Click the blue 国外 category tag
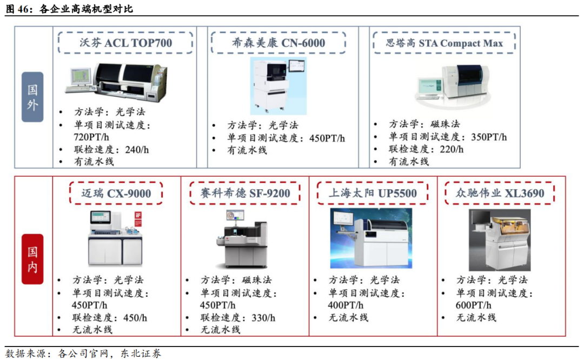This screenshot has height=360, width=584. point(32,97)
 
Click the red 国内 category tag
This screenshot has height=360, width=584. point(32,259)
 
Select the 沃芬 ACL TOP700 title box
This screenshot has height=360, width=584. point(125,43)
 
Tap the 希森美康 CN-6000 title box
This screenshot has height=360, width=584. point(278,43)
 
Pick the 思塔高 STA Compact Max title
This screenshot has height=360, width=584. point(444,43)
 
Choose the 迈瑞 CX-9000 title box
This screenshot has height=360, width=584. point(116,193)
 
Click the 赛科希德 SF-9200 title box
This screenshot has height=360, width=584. point(245,193)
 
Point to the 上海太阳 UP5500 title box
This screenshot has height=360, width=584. point(373,193)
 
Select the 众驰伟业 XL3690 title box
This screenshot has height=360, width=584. point(500,193)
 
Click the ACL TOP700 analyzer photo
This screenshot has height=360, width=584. point(116,82)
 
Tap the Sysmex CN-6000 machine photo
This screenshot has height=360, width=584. point(278,86)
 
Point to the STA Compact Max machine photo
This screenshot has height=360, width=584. point(453,85)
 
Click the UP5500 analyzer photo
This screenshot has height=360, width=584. point(371,238)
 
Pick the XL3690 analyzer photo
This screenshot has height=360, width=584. point(500,240)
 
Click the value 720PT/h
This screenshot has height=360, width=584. point(91,137)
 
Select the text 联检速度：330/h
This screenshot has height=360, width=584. point(238,317)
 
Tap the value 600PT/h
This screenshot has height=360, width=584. point(473,305)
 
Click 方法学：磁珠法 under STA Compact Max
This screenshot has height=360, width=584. point(424,124)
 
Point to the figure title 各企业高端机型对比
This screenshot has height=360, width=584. point(86,9)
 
